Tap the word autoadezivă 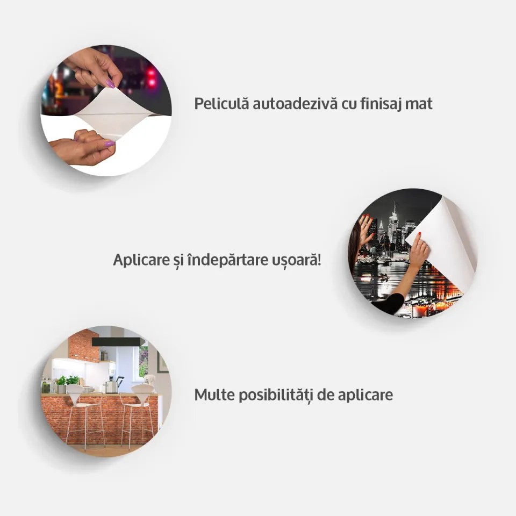[295, 104]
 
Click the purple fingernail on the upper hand [111, 84]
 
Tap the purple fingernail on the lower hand [109, 144]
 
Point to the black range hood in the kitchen [117, 342]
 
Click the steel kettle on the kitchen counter [111, 386]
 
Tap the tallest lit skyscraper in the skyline [393, 220]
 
